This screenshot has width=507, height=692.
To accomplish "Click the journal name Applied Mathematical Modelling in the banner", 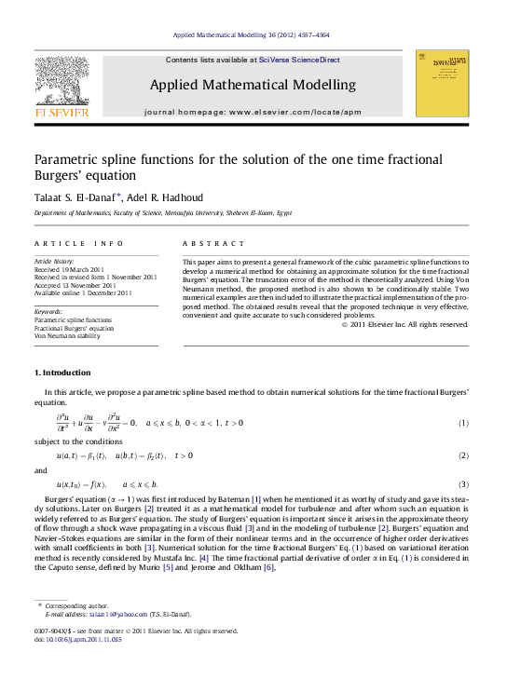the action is [253, 85].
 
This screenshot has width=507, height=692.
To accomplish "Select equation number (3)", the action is [462, 485].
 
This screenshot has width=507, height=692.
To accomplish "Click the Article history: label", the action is [54, 262].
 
